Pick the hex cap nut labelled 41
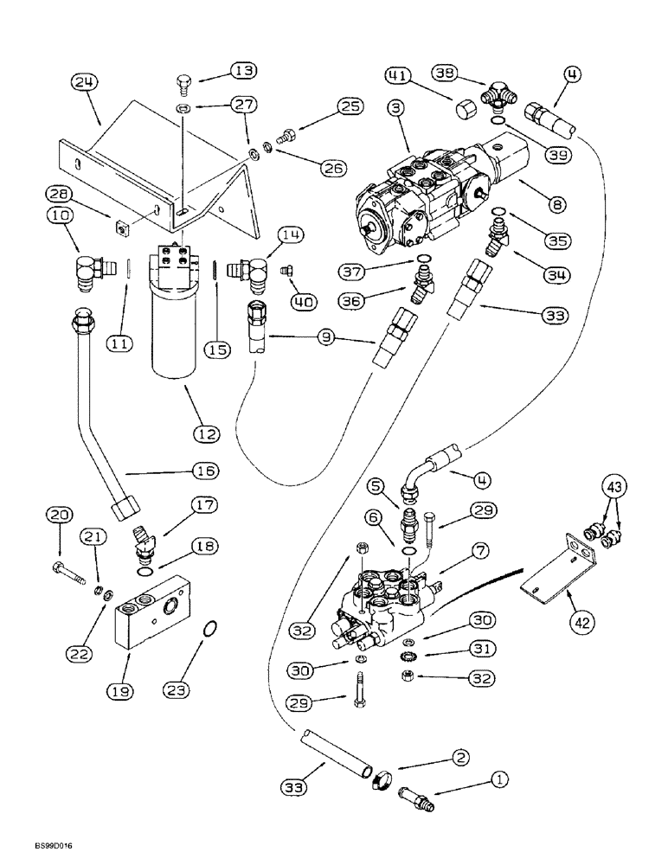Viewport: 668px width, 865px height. click(466, 114)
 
